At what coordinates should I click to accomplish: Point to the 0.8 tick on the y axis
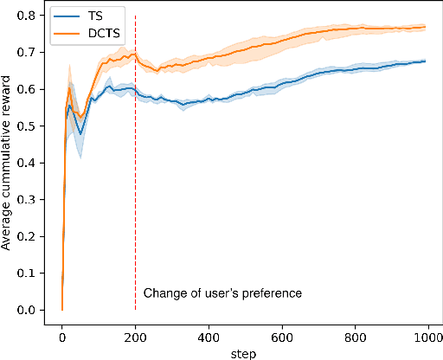click(31, 16)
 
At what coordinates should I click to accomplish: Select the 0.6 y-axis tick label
click(31, 89)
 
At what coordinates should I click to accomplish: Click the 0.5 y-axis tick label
click(31, 126)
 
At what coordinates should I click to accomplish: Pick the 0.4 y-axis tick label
click(31, 163)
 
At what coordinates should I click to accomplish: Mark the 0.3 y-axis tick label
click(31, 200)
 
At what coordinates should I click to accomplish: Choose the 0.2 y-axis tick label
click(31, 236)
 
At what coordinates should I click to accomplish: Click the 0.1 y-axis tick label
click(31, 273)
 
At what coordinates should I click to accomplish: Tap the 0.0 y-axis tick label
click(31, 310)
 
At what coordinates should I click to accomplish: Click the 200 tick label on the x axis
click(136, 336)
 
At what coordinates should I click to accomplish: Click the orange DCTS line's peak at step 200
click(135, 54)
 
